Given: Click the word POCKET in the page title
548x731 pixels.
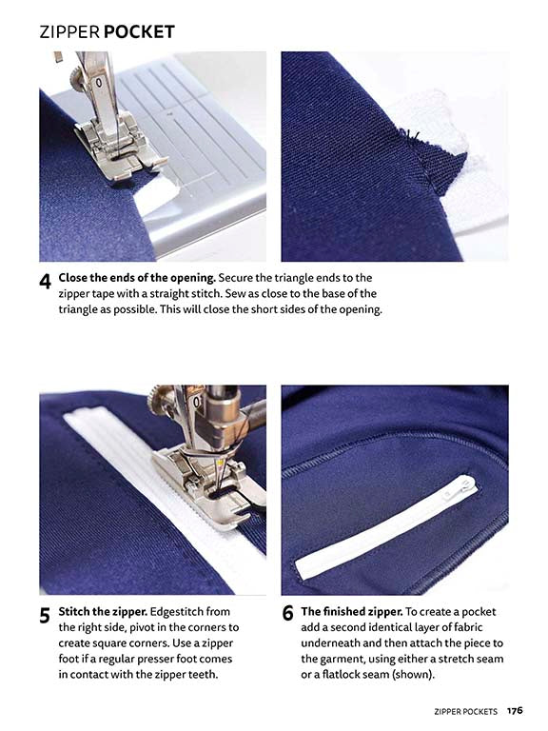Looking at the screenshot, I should [x=139, y=32].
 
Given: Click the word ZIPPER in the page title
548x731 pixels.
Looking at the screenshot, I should [x=69, y=32].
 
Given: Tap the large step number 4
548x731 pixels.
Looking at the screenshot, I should [x=45, y=284].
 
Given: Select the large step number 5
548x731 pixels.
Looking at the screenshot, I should [x=45, y=616].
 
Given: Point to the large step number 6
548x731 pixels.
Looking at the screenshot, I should [x=287, y=615].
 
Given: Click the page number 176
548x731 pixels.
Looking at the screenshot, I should [x=515, y=710].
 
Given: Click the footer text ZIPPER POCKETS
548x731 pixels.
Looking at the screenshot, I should [x=464, y=710].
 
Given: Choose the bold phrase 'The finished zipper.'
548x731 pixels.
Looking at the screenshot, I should [x=351, y=611].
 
